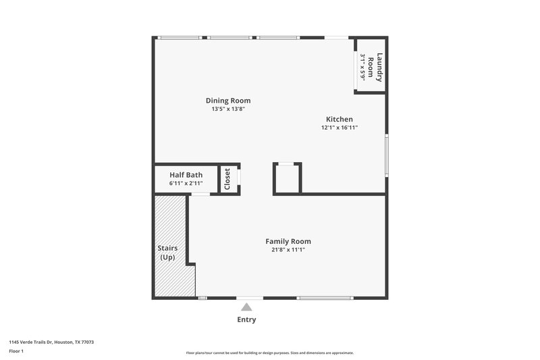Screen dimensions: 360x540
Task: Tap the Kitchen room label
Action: (339, 119)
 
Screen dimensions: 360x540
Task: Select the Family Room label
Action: (288, 241)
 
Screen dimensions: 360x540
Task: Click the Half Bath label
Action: (186, 175)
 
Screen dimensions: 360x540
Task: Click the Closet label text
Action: (227, 179)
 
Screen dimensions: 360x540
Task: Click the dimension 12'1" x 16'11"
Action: (339, 127)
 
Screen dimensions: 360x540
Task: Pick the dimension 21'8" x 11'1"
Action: (288, 249)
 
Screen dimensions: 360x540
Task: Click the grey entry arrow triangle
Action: (246, 307)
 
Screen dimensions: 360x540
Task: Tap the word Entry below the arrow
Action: (246, 319)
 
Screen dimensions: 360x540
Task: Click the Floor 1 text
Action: (16, 351)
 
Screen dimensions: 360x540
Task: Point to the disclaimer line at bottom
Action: (270, 353)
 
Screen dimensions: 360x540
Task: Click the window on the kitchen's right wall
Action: (387, 155)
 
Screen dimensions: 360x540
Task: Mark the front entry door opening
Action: (249, 298)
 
